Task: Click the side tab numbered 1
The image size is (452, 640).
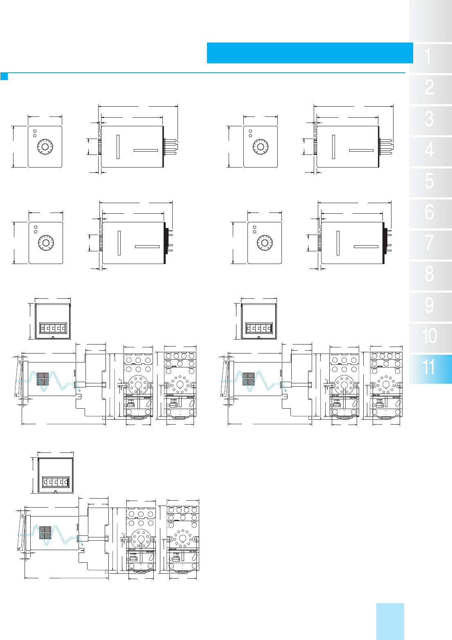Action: pyautogui.click(x=431, y=58)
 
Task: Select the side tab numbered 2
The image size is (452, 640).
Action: pyautogui.click(x=431, y=90)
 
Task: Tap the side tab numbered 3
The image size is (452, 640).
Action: pyautogui.click(x=431, y=121)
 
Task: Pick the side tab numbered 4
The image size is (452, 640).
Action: pyautogui.click(x=431, y=152)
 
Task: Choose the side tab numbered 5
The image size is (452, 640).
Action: pyautogui.click(x=431, y=183)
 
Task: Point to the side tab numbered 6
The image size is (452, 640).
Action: pyautogui.click(x=431, y=214)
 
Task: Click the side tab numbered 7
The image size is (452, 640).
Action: pyautogui.click(x=431, y=245)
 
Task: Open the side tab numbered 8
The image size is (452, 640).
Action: pyautogui.click(x=431, y=276)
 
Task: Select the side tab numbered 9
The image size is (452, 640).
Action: pyautogui.click(x=431, y=307)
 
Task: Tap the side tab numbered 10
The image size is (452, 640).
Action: pyautogui.click(x=431, y=338)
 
